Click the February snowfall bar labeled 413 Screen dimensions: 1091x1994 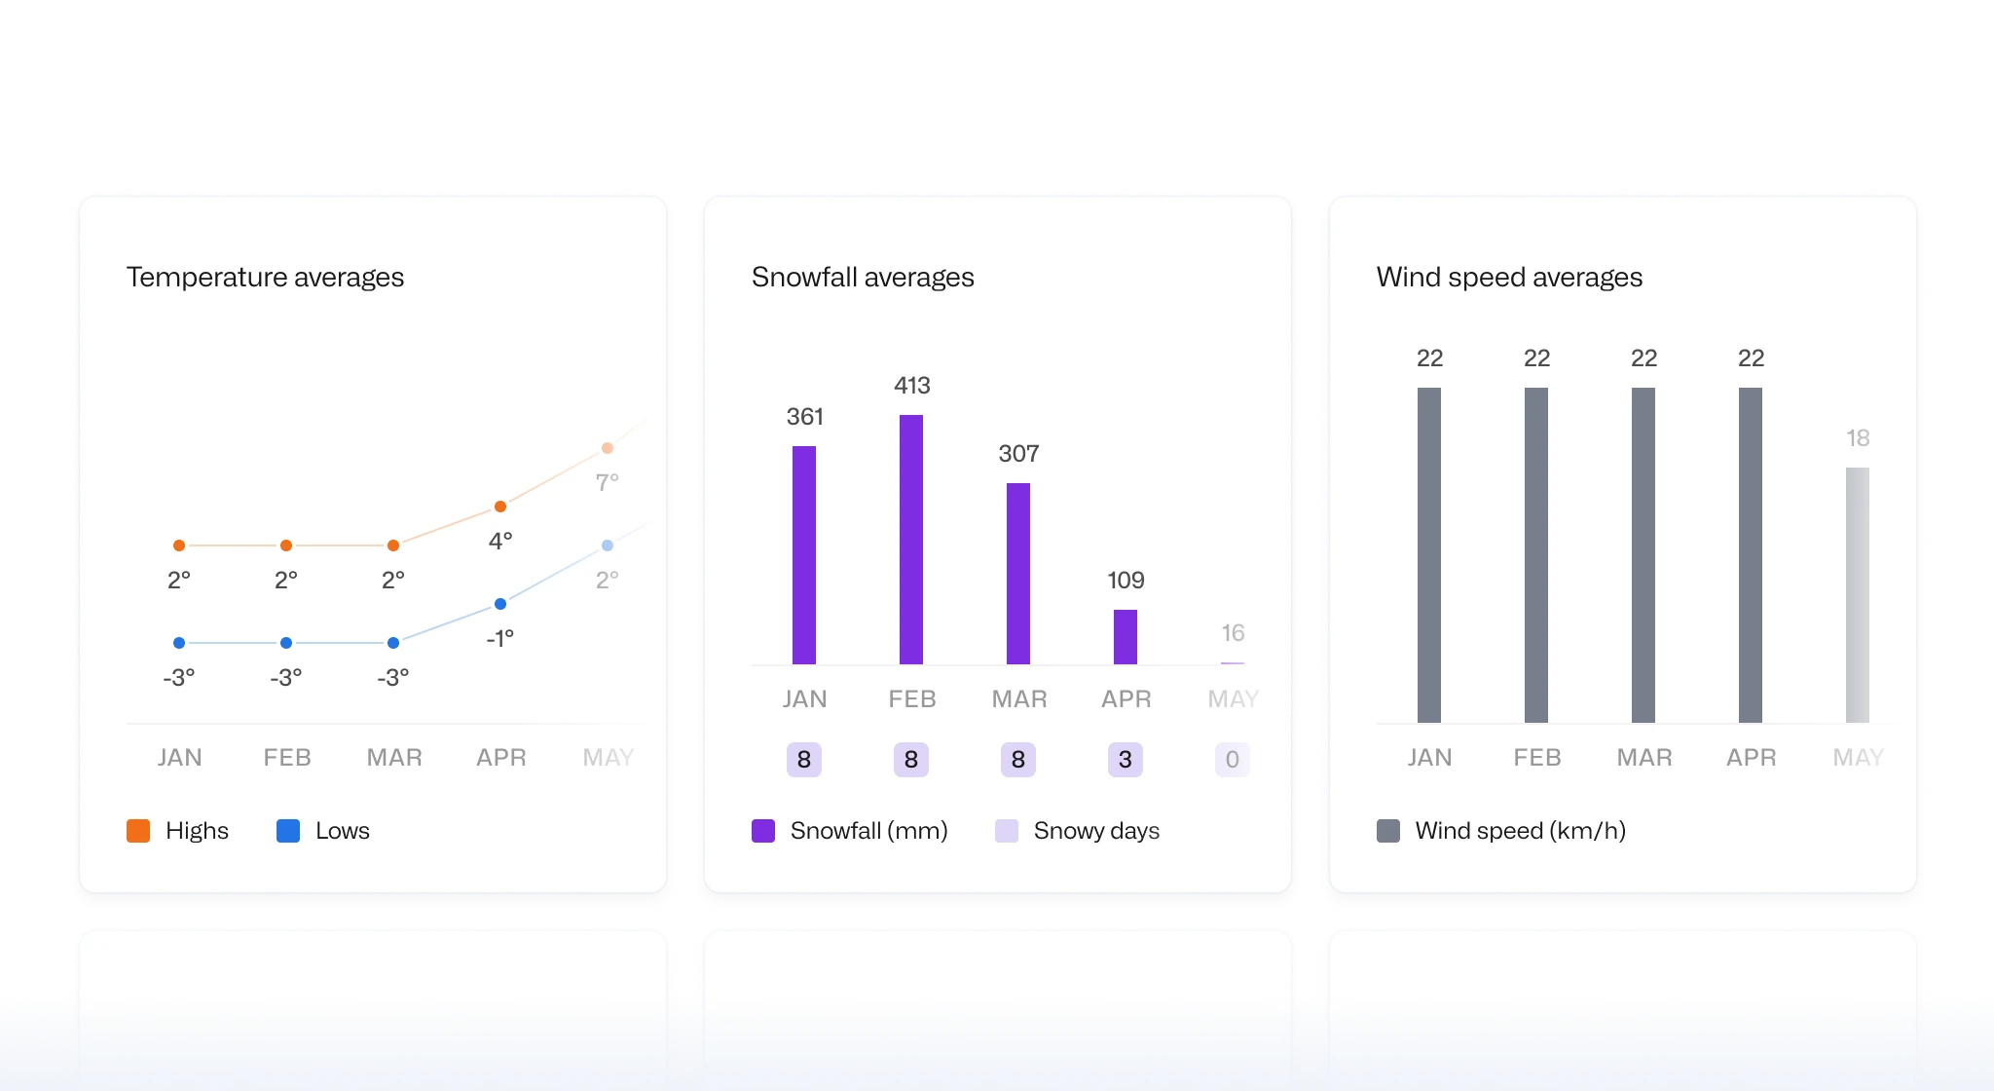[911, 540]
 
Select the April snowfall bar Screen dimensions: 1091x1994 [1126, 637]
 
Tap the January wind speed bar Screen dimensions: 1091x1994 [1429, 555]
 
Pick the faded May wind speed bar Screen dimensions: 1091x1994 [1858, 594]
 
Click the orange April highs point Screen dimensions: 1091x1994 [500, 507]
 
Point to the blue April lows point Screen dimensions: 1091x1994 [500, 604]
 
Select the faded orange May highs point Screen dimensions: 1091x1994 [608, 448]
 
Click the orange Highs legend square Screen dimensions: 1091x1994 [138, 831]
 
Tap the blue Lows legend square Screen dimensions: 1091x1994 [288, 831]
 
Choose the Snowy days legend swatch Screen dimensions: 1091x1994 [1007, 831]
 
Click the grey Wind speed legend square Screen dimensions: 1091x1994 [1388, 831]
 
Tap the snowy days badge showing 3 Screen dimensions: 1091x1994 [1126, 760]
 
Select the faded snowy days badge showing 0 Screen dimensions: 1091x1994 [1233, 760]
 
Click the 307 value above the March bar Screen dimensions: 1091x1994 [1018, 454]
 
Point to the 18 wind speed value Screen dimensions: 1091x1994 [1858, 438]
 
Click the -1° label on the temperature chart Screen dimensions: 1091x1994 [500, 639]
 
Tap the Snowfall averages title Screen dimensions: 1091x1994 [863, 278]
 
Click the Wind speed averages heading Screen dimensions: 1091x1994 [1509, 278]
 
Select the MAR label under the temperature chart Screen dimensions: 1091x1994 [394, 758]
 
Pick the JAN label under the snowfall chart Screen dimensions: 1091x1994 [804, 699]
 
